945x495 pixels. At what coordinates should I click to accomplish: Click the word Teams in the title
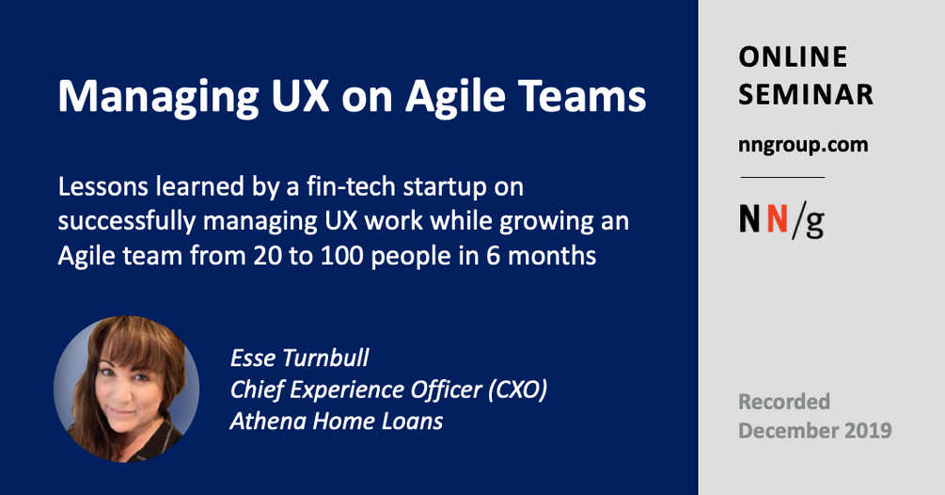591,97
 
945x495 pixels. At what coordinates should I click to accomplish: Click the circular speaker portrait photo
126,389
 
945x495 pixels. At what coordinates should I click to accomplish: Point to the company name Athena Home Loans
336,420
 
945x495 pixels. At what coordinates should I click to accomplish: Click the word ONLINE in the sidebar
793,57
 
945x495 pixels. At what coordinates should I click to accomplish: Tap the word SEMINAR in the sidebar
805,94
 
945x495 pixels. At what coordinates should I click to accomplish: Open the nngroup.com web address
803,145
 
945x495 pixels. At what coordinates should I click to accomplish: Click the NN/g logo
782,219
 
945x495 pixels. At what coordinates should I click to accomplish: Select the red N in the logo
777,219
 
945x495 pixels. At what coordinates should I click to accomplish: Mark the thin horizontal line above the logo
782,177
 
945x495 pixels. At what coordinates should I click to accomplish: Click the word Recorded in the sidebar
784,402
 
